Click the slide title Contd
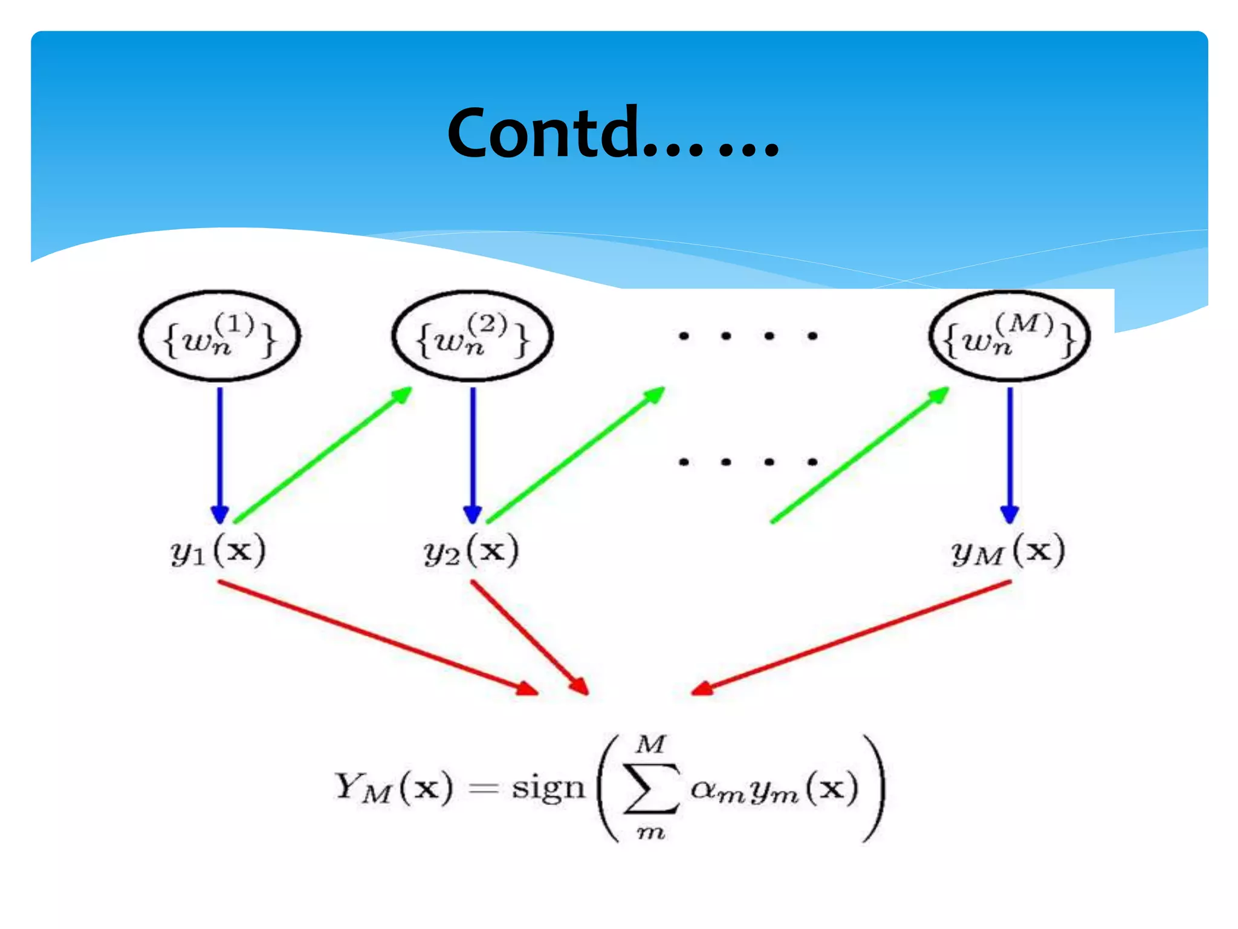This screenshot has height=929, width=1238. point(612,133)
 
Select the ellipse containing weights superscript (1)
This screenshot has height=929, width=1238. point(219,337)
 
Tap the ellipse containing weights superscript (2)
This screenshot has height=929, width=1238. point(473,337)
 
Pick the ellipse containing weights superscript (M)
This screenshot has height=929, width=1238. point(1009,337)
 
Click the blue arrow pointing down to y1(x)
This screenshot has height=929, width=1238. point(220,454)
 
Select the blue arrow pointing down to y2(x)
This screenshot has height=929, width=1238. point(473,454)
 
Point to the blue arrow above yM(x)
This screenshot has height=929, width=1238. point(1010,454)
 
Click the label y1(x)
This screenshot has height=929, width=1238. point(218,551)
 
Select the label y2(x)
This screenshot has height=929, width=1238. point(471,551)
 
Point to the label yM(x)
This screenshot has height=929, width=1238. point(1008,551)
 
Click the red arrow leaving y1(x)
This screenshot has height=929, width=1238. point(378,638)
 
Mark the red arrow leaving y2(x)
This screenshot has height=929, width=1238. point(530,638)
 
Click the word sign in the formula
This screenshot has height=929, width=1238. point(549,789)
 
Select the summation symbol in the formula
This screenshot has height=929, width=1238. point(651,788)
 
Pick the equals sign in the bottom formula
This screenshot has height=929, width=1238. point(484,788)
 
